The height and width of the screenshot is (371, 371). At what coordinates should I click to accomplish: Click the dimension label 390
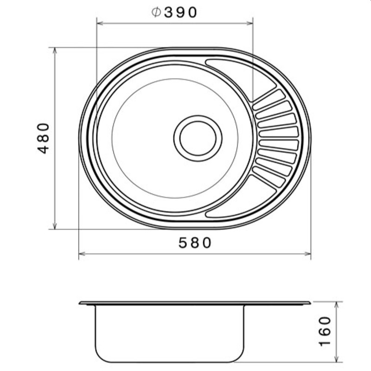pos(180,13)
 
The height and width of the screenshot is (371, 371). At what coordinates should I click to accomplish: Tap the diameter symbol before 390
pos(156,13)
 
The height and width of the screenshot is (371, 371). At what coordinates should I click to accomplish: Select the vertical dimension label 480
pos(44,138)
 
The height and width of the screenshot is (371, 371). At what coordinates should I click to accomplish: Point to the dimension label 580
pos(194,243)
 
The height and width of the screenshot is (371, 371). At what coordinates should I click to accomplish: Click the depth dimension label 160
pos(325,331)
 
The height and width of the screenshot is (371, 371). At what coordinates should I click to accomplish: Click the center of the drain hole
pos(198,138)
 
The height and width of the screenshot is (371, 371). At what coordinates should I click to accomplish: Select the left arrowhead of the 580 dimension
pos(82,254)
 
